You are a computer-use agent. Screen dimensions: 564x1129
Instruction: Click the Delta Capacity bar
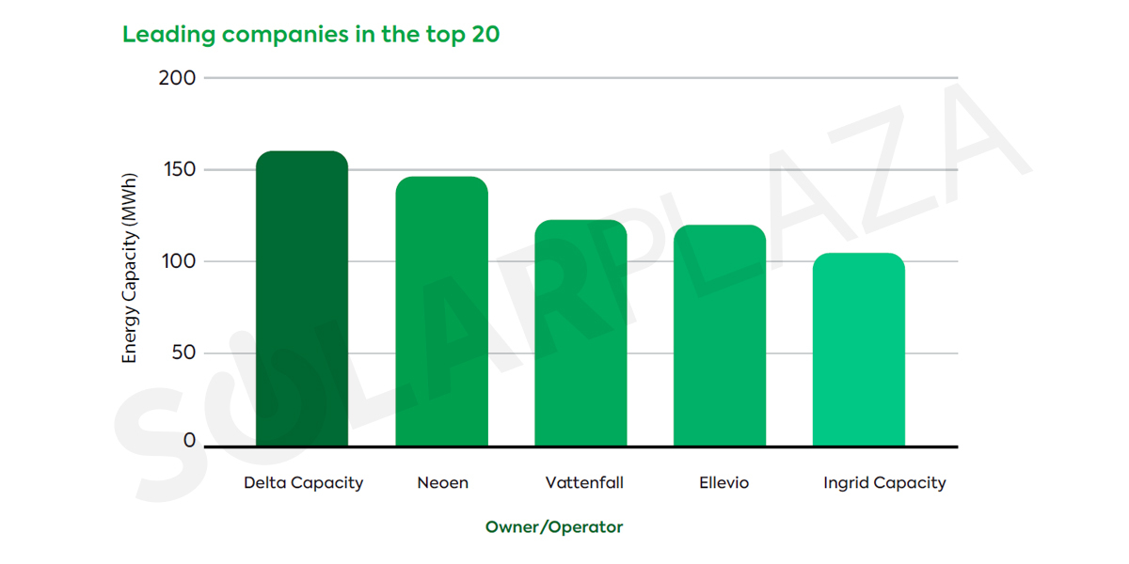[x=302, y=299]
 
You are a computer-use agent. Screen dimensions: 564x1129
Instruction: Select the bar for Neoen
[x=441, y=311]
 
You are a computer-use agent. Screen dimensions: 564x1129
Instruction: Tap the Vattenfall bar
[x=580, y=333]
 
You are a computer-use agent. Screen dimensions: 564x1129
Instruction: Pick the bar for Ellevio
[x=720, y=336]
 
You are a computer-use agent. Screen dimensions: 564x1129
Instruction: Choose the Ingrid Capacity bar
[x=859, y=350]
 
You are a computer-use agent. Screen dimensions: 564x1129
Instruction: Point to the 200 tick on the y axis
[x=177, y=78]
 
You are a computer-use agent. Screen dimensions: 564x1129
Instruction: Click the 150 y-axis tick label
[x=177, y=170]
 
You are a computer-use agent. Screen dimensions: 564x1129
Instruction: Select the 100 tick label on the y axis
[x=177, y=261]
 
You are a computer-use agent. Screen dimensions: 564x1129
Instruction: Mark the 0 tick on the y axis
[x=190, y=441]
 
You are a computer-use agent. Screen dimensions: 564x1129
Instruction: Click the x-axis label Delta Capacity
[x=303, y=483]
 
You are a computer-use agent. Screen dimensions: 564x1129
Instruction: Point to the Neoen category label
[x=442, y=483]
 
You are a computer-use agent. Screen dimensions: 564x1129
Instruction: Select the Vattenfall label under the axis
[x=584, y=483]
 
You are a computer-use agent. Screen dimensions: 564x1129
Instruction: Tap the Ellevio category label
[x=724, y=483]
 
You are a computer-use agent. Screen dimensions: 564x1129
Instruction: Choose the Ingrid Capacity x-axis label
[x=884, y=483]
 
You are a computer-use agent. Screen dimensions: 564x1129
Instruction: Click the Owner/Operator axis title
[x=554, y=527]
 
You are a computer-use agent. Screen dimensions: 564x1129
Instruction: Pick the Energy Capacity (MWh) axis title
[x=130, y=268]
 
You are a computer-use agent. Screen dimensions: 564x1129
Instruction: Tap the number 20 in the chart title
[x=485, y=36]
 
